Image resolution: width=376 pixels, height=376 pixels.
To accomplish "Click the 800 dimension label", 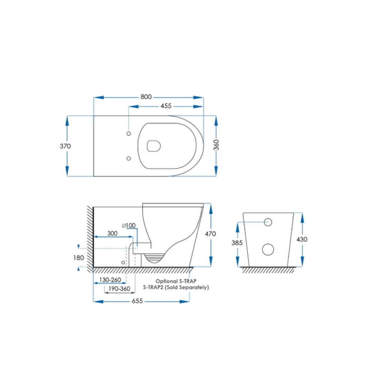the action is (146, 97).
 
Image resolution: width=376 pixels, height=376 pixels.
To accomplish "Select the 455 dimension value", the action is (166, 106).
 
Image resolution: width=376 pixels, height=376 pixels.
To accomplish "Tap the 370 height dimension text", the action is (65, 146).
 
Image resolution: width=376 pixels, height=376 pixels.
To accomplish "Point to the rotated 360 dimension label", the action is (216, 145).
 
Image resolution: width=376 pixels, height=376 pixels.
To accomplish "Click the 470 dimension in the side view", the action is (210, 234).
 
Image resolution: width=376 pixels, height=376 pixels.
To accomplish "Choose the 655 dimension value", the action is (137, 301).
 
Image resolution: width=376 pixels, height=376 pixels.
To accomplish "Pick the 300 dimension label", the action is (112, 233).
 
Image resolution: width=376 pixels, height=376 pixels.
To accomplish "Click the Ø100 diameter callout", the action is (129, 225).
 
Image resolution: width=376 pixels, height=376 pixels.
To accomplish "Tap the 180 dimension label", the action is (79, 258).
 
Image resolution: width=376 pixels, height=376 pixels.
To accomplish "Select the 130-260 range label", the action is (110, 280).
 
